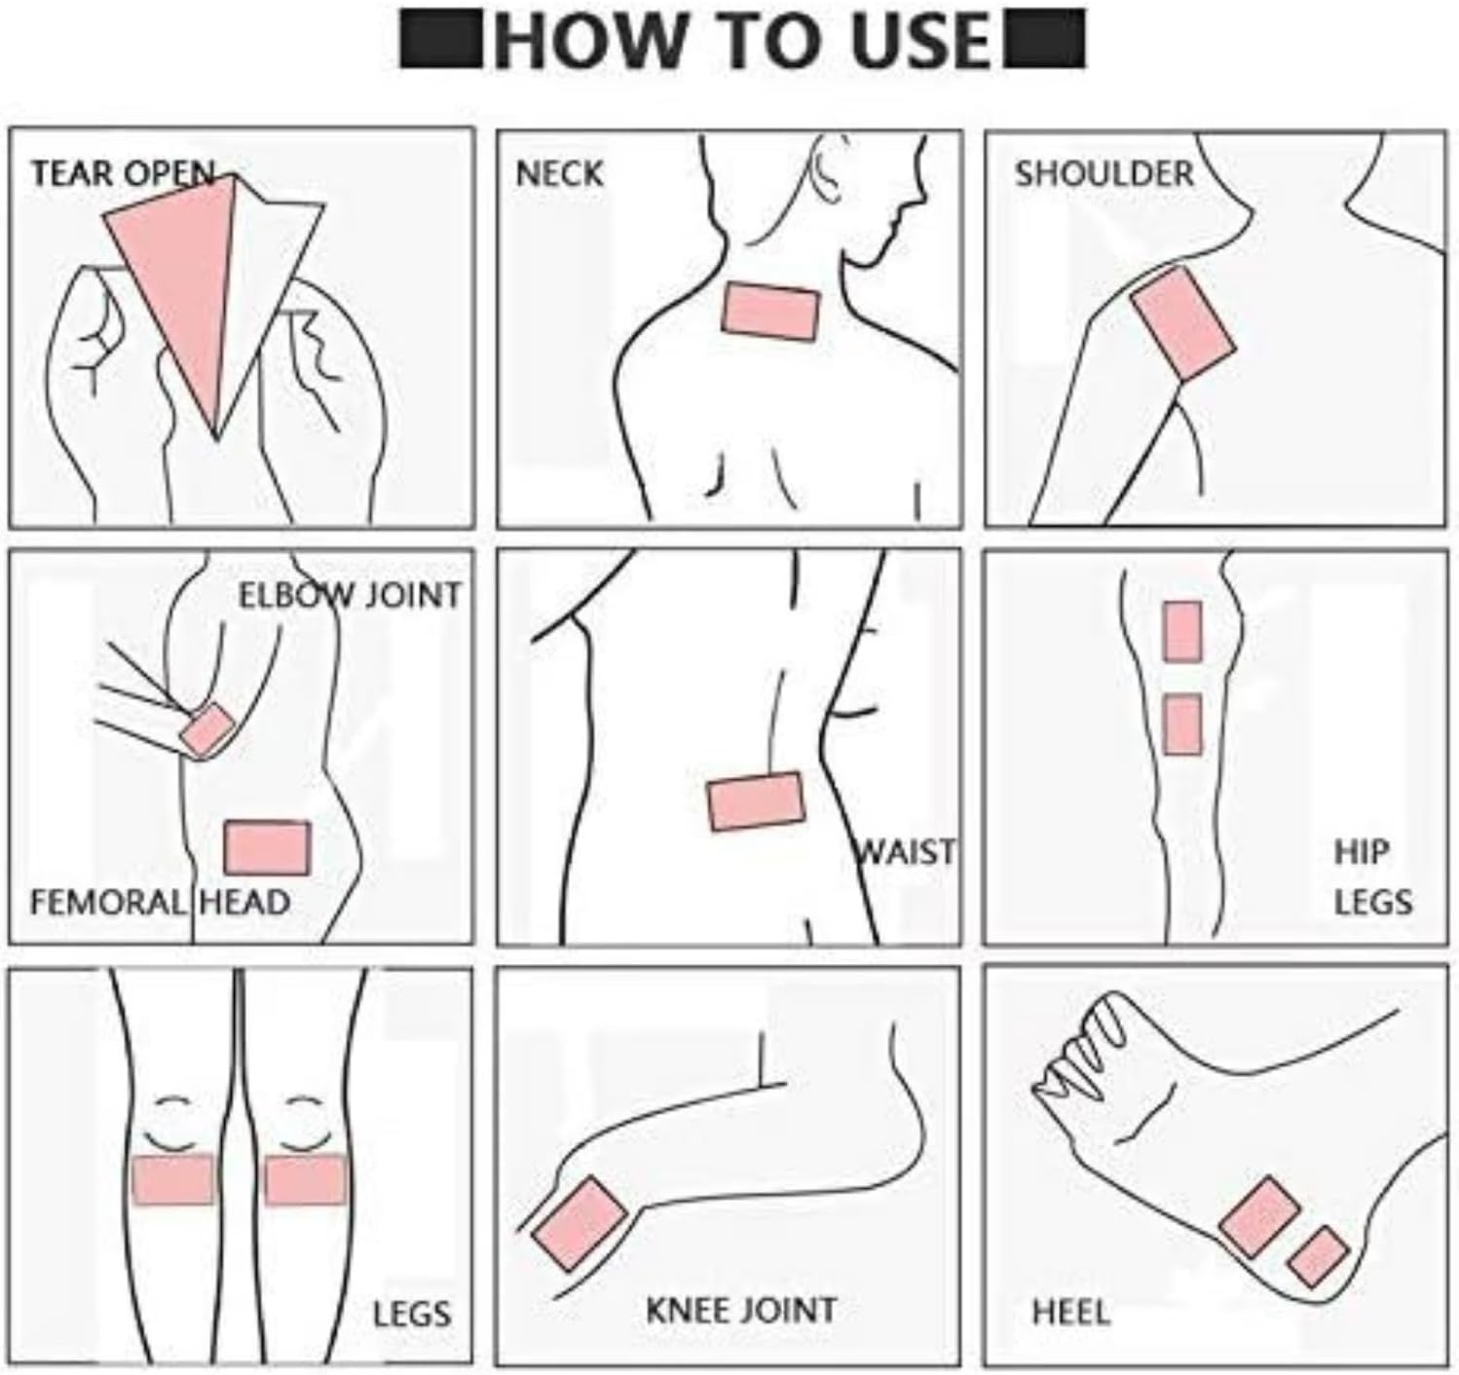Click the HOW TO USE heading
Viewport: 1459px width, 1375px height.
[742, 41]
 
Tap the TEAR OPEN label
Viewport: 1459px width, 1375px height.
[123, 174]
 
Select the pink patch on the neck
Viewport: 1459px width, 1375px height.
[770, 312]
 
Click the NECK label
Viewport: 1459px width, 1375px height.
[559, 174]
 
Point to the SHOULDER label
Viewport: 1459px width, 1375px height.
[1104, 174]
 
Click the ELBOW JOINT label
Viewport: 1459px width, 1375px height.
[350, 595]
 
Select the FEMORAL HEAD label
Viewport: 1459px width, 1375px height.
[160, 902]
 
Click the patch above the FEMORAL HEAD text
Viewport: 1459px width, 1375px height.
[268, 847]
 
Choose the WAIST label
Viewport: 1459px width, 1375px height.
[906, 852]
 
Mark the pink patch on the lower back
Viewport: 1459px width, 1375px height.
[757, 801]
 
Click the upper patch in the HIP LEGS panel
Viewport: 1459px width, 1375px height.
[1181, 632]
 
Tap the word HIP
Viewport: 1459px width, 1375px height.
[1360, 852]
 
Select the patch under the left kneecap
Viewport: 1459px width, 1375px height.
[172, 1179]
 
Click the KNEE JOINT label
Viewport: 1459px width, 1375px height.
[740, 1310]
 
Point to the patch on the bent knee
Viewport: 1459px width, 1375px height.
[580, 1223]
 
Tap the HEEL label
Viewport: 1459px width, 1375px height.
[1070, 1313]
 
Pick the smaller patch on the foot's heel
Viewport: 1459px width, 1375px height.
[1318, 1257]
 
